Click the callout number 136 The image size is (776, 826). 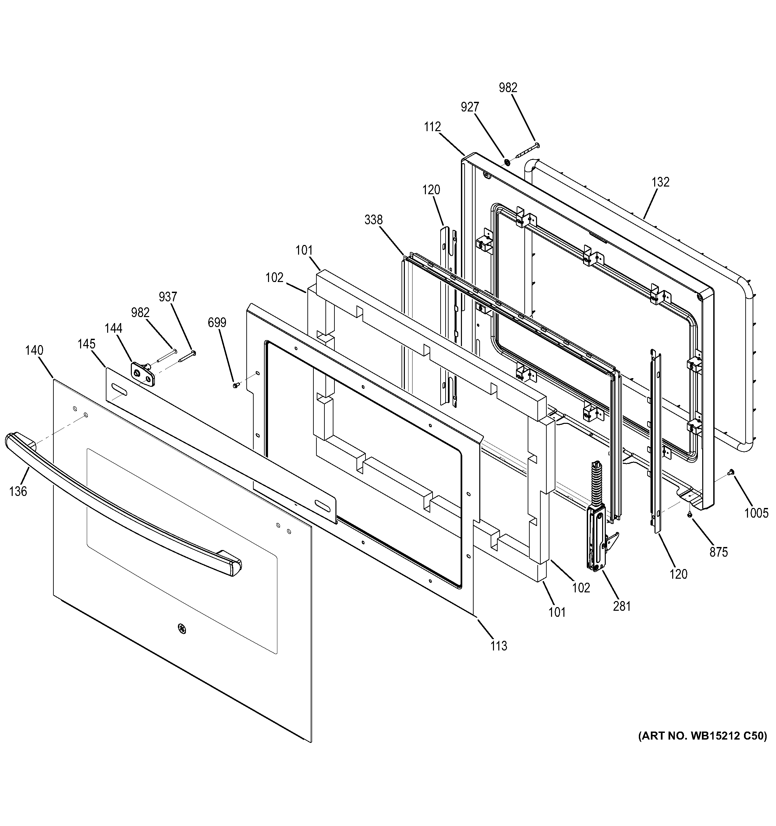click(x=18, y=492)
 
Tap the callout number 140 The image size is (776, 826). click(x=34, y=351)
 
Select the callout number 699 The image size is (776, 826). click(x=217, y=322)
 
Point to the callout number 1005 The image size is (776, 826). click(x=756, y=514)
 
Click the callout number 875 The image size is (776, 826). click(x=718, y=552)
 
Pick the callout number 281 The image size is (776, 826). click(x=622, y=607)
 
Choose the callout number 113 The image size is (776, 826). click(x=499, y=646)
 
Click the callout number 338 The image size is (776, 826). click(x=373, y=220)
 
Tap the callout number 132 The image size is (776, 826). click(x=661, y=183)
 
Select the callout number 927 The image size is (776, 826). click(x=470, y=107)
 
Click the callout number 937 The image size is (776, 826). click(x=168, y=297)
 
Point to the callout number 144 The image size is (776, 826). click(x=113, y=329)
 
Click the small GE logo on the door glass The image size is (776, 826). click(x=181, y=629)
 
